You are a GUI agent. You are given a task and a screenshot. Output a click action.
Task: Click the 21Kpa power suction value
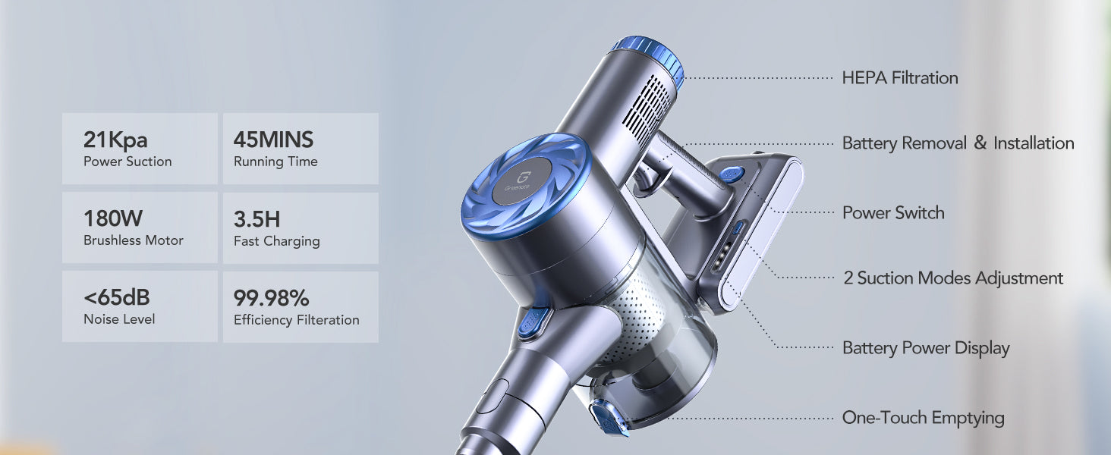(x=115, y=140)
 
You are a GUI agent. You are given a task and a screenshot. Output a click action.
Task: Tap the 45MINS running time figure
(x=273, y=140)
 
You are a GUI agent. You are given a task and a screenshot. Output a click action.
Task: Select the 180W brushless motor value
(x=113, y=218)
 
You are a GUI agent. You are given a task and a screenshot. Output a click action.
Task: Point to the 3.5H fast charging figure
(x=257, y=219)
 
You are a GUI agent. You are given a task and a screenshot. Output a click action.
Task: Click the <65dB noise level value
(x=117, y=297)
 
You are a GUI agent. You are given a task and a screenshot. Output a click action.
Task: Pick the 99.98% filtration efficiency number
(x=272, y=298)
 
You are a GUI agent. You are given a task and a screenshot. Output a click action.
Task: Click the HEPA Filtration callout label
(x=900, y=78)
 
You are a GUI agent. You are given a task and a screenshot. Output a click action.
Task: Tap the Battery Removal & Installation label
(x=958, y=143)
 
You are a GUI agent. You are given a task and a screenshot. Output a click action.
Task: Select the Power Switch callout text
(x=893, y=212)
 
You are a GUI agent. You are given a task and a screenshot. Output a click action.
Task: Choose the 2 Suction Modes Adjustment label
(x=953, y=278)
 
